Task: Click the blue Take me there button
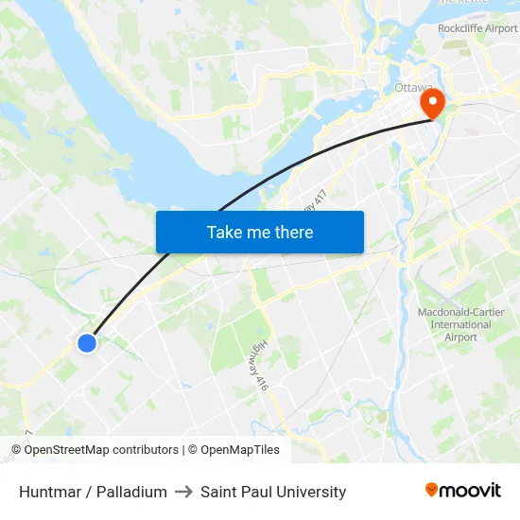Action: tap(259, 232)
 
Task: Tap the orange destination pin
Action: tap(433, 102)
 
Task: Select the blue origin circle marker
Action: tap(86, 343)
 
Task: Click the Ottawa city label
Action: tap(412, 88)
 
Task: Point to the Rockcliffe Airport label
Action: tap(477, 28)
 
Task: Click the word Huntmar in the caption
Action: tap(50, 492)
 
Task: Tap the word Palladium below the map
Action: tap(131, 492)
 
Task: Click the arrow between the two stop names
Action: tap(183, 492)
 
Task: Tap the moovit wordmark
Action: tap(470, 491)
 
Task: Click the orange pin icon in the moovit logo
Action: tap(431, 490)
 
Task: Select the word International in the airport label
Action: tap(460, 324)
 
